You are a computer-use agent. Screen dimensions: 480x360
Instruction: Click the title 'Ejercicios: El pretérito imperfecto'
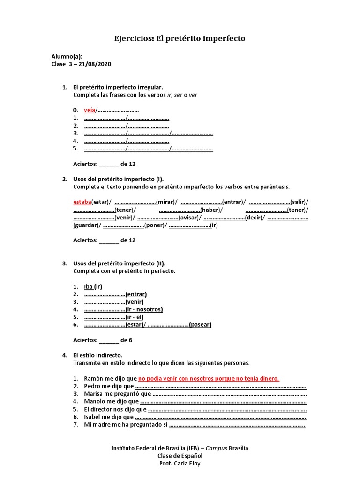180,38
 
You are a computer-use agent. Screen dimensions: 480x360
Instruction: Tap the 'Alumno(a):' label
67,57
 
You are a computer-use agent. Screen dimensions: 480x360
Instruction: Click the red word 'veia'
90,110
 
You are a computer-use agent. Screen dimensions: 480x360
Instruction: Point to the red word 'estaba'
82,202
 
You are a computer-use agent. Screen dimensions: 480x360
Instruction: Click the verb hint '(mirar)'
167,202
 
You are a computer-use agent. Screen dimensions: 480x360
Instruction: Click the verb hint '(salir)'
299,202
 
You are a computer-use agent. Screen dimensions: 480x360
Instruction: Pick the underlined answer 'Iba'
89,286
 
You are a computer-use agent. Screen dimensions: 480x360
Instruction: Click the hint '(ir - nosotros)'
144,309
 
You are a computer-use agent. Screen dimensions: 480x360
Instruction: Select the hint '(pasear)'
200,324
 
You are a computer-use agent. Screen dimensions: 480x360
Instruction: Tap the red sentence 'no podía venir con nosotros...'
209,378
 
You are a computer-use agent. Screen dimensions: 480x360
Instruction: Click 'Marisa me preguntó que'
118,393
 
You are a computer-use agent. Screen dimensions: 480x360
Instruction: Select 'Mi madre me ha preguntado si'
126,425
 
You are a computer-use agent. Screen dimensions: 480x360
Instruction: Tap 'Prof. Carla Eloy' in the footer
180,463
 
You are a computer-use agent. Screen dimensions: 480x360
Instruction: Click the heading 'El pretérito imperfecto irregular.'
118,87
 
